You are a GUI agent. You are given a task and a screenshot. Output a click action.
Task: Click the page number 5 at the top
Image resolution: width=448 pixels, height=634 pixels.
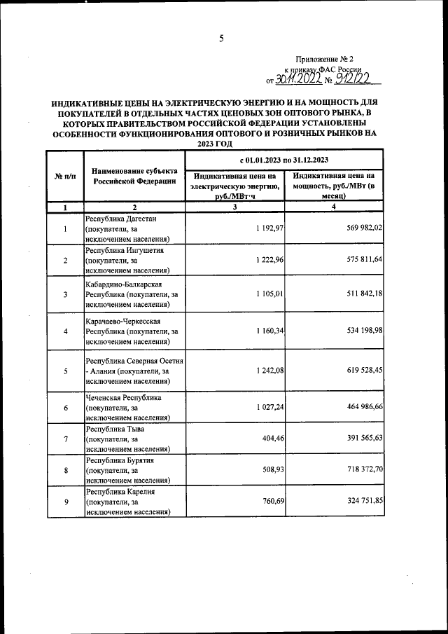click(220, 39)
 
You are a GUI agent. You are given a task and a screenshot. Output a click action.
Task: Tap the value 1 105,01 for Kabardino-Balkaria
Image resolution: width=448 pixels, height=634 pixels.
click(263, 294)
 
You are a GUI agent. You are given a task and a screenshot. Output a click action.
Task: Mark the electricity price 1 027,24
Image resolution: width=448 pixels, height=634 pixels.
click(263, 407)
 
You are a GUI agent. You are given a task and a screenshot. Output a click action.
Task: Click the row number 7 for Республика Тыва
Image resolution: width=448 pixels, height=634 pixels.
click(65, 439)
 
